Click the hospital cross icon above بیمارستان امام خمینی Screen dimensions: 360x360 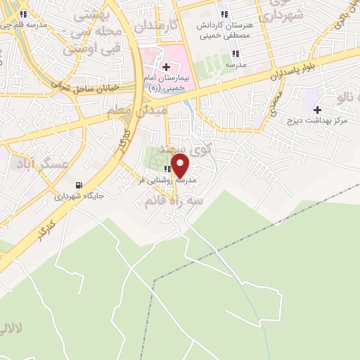tap(165, 66)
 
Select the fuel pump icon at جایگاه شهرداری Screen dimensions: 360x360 tap(77, 186)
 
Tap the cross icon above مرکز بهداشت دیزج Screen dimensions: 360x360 tap(318, 109)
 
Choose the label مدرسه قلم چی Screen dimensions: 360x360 tap(23, 25)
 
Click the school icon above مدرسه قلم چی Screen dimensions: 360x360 tap(23, 14)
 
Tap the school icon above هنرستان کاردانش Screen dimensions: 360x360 tap(224, 14)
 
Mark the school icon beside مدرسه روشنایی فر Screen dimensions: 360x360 tap(167, 169)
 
